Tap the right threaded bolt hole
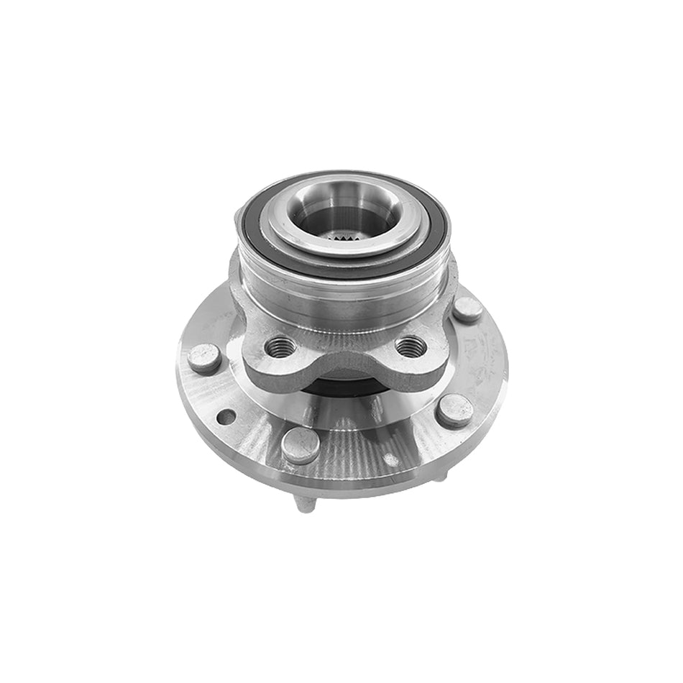coord(411,347)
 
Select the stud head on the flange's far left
coord(203,357)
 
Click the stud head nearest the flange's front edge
coord(300,446)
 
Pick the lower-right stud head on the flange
coord(454,411)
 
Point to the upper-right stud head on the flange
coord(468,310)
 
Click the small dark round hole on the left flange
coord(226,417)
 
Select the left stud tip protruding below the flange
coord(306,504)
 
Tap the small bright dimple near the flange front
coord(390,458)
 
